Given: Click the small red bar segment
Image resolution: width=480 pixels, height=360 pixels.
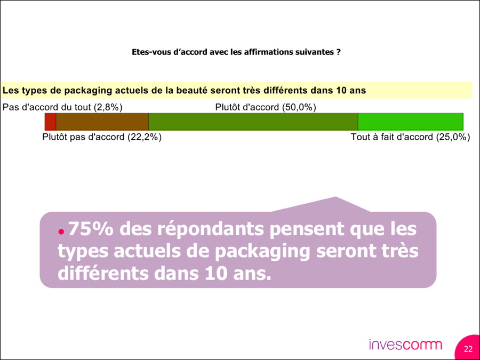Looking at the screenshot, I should (x=50, y=122).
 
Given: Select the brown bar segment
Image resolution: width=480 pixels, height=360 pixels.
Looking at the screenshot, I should (x=102, y=122).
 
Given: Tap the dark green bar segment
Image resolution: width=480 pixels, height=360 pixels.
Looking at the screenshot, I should (x=253, y=122).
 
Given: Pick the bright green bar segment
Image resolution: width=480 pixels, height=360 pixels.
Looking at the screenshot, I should (x=410, y=122).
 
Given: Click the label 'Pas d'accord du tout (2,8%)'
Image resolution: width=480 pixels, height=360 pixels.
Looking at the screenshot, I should (x=62, y=107).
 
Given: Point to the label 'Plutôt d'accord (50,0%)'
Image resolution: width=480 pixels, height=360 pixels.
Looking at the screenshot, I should (x=266, y=107).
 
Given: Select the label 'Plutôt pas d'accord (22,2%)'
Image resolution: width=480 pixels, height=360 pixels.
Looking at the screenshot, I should (x=102, y=137).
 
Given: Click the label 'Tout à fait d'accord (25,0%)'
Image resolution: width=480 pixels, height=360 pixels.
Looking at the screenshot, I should (x=410, y=137).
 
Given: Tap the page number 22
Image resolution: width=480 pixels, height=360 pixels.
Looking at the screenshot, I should (x=468, y=349).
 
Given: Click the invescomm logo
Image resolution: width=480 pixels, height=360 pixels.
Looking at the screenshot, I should (x=405, y=345).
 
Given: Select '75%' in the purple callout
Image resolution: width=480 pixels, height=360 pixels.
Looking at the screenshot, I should (x=90, y=229).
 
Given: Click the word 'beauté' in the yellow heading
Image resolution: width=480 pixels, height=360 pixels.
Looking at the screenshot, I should (x=217, y=90).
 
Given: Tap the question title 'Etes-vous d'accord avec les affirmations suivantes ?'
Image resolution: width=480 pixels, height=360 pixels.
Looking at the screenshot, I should (x=236, y=52).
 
